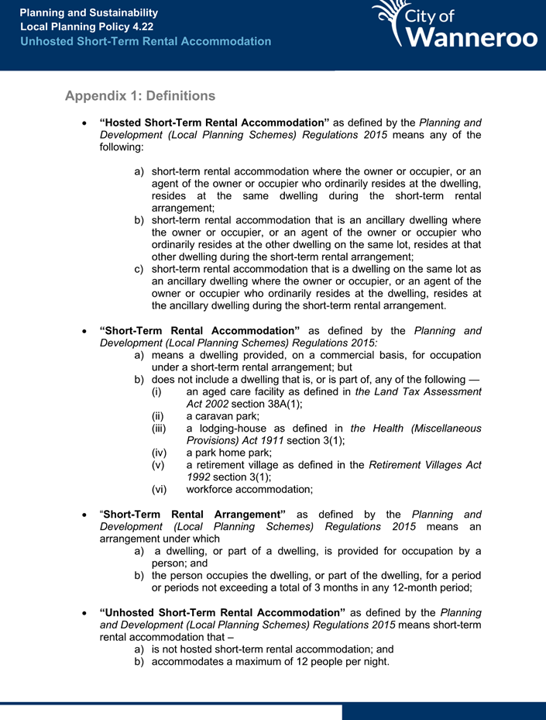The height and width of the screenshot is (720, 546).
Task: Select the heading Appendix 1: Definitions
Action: coord(139,96)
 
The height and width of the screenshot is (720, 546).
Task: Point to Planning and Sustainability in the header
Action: coord(88,13)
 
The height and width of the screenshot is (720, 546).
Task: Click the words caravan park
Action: coord(228,415)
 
